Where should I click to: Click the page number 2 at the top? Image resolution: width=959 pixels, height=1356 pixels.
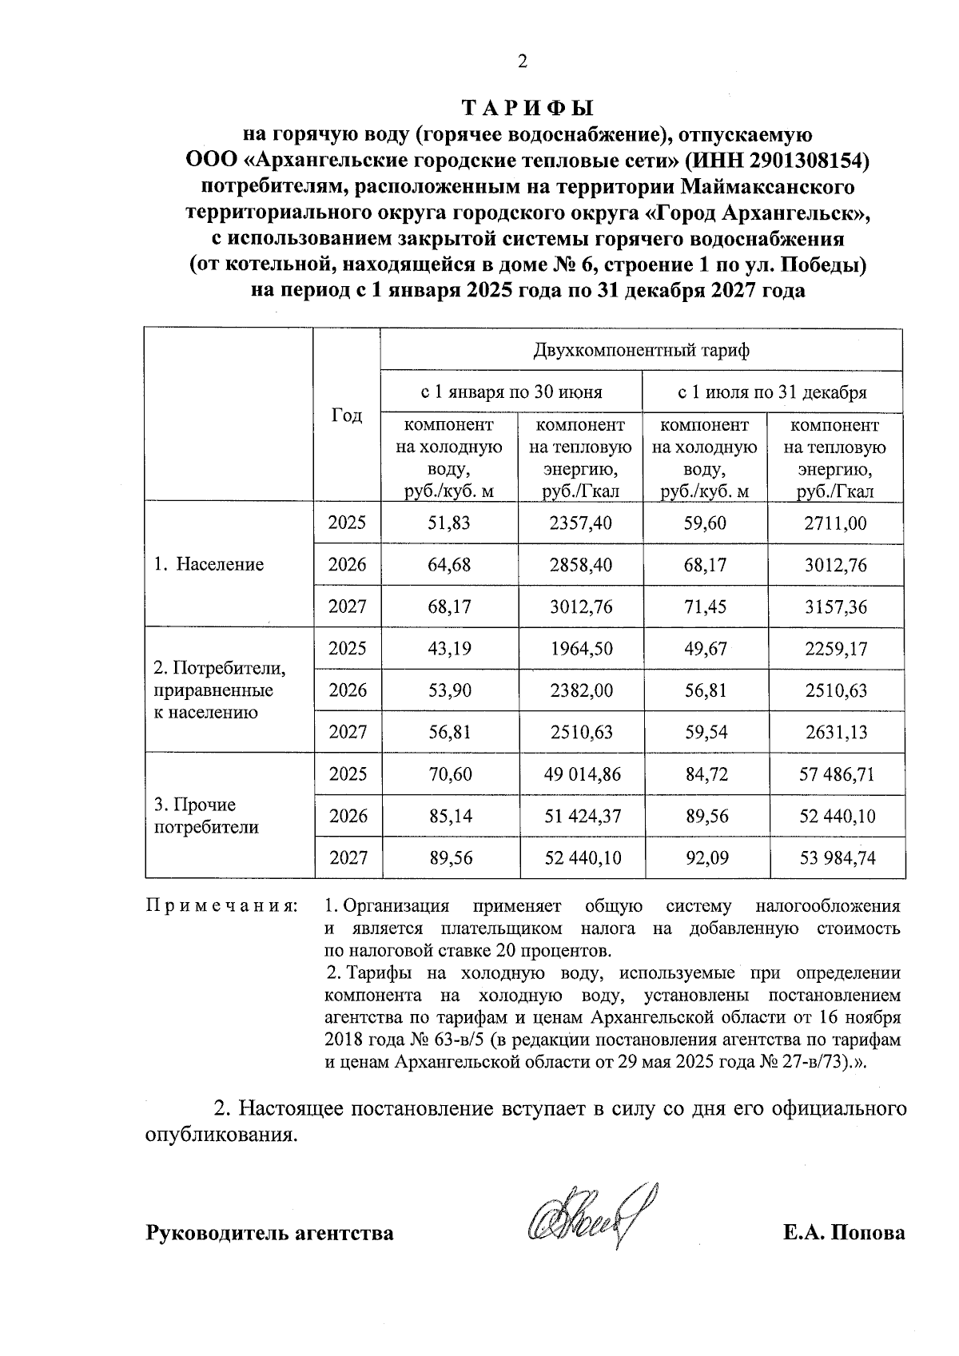[x=523, y=62]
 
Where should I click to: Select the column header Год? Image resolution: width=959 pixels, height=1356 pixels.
[x=346, y=416]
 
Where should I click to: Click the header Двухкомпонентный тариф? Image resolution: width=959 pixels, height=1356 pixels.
[x=641, y=350]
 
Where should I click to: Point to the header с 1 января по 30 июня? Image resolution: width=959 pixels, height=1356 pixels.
[x=511, y=392]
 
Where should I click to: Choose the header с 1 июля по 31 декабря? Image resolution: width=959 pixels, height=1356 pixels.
[x=772, y=392]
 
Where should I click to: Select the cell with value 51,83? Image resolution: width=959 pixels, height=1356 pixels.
[x=450, y=523]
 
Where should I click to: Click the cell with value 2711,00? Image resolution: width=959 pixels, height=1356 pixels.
[x=835, y=523]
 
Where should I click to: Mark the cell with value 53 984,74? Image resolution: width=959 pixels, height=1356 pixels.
[x=837, y=858]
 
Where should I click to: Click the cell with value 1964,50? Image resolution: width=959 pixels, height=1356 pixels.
[x=581, y=648]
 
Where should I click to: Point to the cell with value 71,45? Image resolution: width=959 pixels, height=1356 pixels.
[x=706, y=606]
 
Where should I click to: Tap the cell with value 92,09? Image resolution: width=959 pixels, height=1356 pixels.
[x=706, y=858]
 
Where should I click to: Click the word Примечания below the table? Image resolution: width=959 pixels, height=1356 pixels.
[x=221, y=907]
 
